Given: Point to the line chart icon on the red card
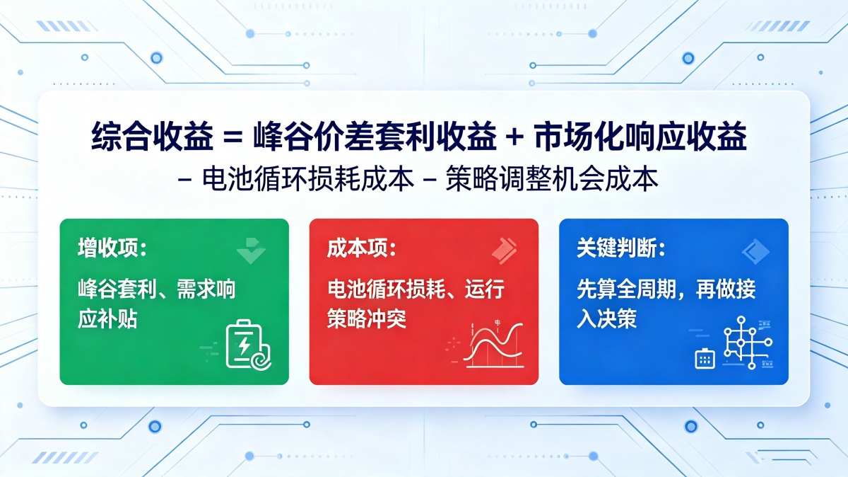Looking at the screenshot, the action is pyautogui.click(x=494, y=346).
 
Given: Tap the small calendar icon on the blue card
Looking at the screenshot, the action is pyautogui.click(x=705, y=359).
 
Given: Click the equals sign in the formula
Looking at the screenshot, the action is pyautogui.click(x=232, y=137).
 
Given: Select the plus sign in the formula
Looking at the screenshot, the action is pyautogui.click(x=514, y=137).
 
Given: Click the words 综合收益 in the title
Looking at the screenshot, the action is pyautogui.click(x=152, y=137).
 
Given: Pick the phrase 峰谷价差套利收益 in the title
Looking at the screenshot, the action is pyautogui.click(x=375, y=137).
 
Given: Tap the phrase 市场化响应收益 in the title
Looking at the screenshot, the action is pyautogui.click(x=640, y=137).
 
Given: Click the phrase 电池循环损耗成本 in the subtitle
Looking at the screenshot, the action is pyautogui.click(x=308, y=178).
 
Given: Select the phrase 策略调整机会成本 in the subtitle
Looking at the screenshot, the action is pyautogui.click(x=552, y=178).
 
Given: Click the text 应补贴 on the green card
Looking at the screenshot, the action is pyautogui.click(x=107, y=318).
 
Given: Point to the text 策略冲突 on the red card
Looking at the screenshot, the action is pyautogui.click(x=367, y=318).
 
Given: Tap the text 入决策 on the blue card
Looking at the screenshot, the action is pyautogui.click(x=606, y=318).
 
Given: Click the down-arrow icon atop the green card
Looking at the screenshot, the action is pyautogui.click(x=251, y=251).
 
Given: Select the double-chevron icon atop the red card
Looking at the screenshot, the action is pyautogui.click(x=505, y=251).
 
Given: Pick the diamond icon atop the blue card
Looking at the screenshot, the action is pyautogui.click(x=755, y=251).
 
